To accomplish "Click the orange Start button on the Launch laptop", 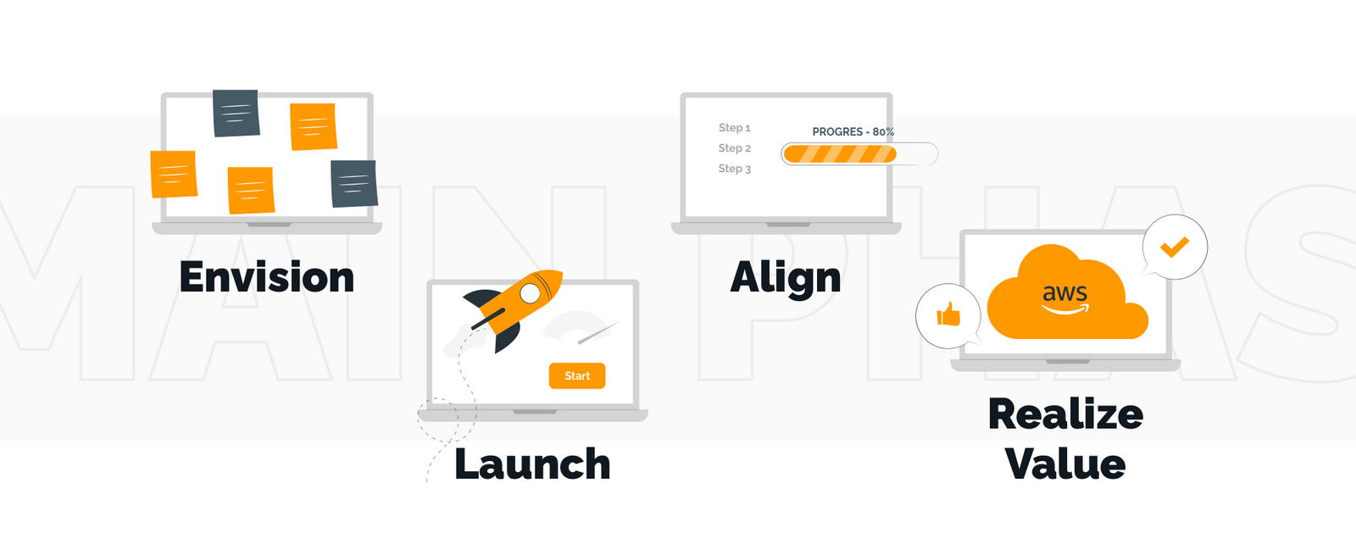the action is (x=577, y=375).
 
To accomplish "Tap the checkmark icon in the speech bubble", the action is (x=1175, y=247).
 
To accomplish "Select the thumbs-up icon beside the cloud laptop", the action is (x=948, y=314).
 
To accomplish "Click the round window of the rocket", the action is (x=531, y=293).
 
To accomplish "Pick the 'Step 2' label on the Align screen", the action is (x=734, y=148).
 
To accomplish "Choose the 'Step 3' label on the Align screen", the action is (x=734, y=169).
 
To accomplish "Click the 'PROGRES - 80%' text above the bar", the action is (x=853, y=131).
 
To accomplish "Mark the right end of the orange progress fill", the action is (x=896, y=154).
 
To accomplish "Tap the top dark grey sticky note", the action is (x=236, y=114).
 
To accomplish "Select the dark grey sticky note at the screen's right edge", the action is (x=354, y=184).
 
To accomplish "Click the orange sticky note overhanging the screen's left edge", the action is (x=174, y=175).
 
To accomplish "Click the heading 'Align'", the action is (x=786, y=279).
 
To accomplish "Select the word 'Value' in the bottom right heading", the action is (x=1065, y=464).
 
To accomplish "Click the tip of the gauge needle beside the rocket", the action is (x=619, y=322).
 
